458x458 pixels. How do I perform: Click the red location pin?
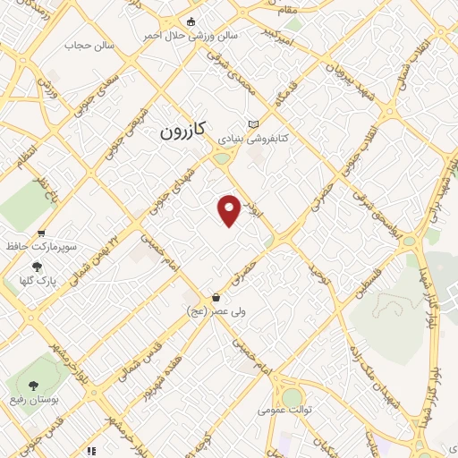pos(230,209)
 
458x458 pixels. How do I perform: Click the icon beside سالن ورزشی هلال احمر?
pos(190,21)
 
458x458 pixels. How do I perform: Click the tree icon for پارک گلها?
pos(36,266)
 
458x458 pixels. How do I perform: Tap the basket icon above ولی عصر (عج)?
pos(216,296)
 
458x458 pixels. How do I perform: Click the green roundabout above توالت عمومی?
pos(293,396)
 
